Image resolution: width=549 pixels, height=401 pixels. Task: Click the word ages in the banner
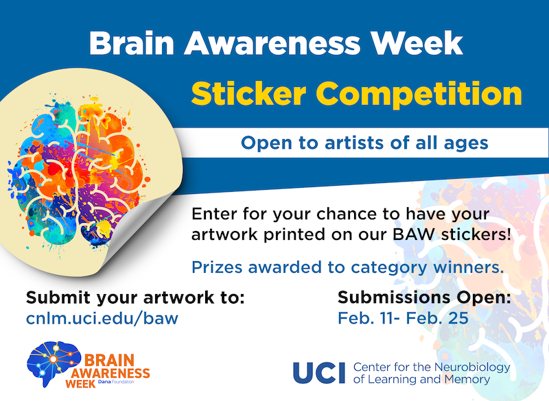tap(466, 143)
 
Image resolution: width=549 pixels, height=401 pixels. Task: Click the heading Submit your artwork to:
tap(135, 298)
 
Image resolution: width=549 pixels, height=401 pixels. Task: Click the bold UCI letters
tap(320, 373)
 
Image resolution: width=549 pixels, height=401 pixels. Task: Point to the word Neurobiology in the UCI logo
tap(474, 367)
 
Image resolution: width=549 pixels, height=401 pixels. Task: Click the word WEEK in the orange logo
tap(81, 384)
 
